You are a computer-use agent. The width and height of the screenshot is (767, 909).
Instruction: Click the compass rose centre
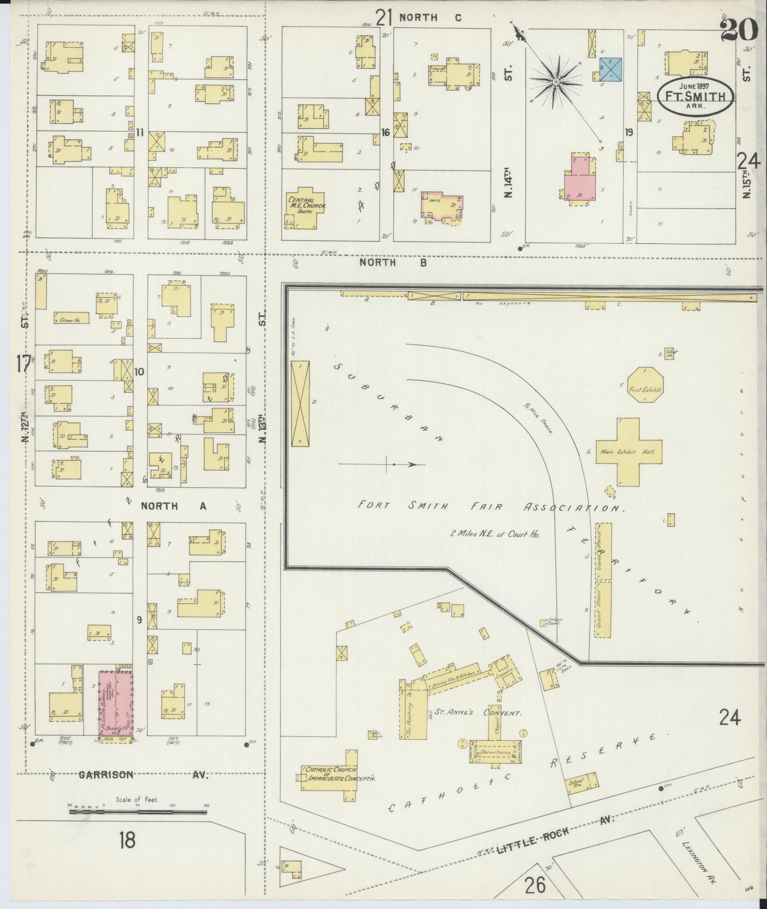[555, 82]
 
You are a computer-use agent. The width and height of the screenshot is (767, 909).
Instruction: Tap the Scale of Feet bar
[138, 812]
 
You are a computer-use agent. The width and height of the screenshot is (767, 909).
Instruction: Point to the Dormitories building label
[496, 753]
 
